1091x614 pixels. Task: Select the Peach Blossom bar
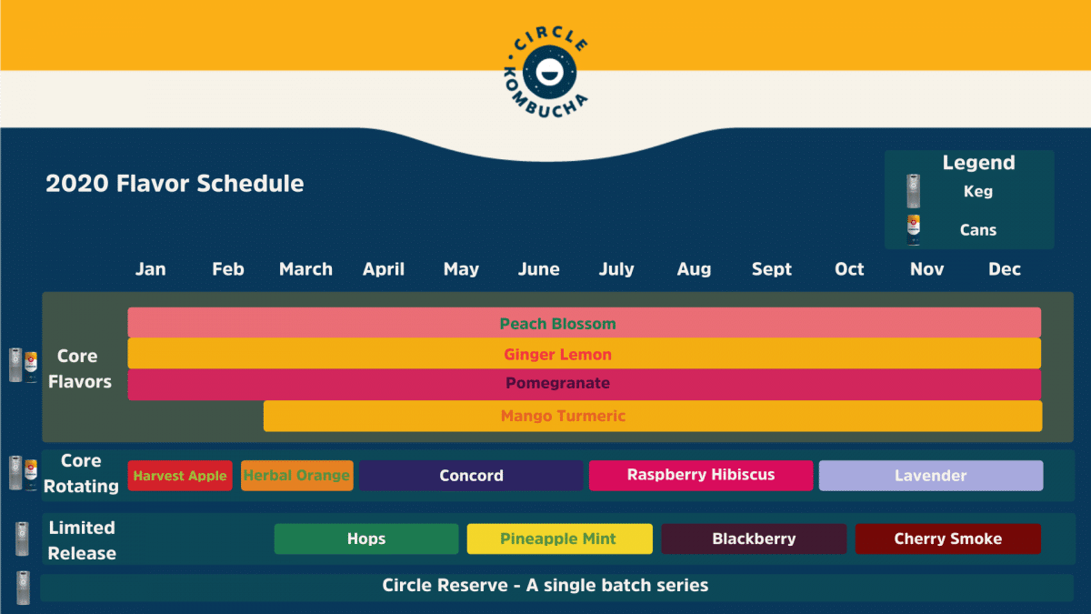[x=584, y=323]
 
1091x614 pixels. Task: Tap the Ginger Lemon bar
[x=584, y=354]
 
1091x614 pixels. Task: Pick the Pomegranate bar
[x=584, y=384]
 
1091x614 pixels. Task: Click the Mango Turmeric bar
[x=652, y=416]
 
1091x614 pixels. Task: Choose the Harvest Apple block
[x=180, y=476]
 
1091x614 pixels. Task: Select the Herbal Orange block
[x=297, y=476]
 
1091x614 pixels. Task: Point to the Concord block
[x=471, y=476]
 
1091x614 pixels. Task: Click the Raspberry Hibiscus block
[x=701, y=476]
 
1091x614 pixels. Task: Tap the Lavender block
[x=931, y=476]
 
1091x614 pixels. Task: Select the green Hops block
[x=366, y=539]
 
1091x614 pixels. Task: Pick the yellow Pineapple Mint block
[x=559, y=539]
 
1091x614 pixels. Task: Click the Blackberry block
[x=754, y=539]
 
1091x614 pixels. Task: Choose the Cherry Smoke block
[x=948, y=539]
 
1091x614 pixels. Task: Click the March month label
[x=305, y=269]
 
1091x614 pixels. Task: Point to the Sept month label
[x=772, y=269]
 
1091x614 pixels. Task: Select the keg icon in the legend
[x=913, y=191]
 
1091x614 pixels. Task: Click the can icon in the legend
[x=914, y=229]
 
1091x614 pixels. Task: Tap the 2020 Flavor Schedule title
[x=175, y=184]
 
